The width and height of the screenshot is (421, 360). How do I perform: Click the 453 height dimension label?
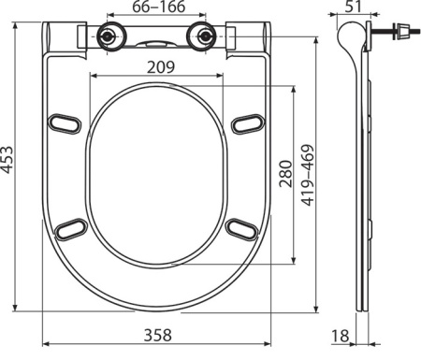(7, 159)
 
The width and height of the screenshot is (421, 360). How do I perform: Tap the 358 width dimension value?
(158, 335)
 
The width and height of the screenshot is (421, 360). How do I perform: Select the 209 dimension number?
(161, 67)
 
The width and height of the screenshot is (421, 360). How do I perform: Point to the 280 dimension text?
(286, 174)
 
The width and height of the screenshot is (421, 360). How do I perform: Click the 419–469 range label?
(308, 175)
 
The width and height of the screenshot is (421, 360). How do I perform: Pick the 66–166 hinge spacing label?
(159, 7)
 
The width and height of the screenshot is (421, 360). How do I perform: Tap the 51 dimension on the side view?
(354, 7)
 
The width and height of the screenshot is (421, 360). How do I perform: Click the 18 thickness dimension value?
(340, 336)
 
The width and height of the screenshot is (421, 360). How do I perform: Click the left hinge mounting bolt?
(108, 36)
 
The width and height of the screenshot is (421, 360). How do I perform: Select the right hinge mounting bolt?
(205, 36)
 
